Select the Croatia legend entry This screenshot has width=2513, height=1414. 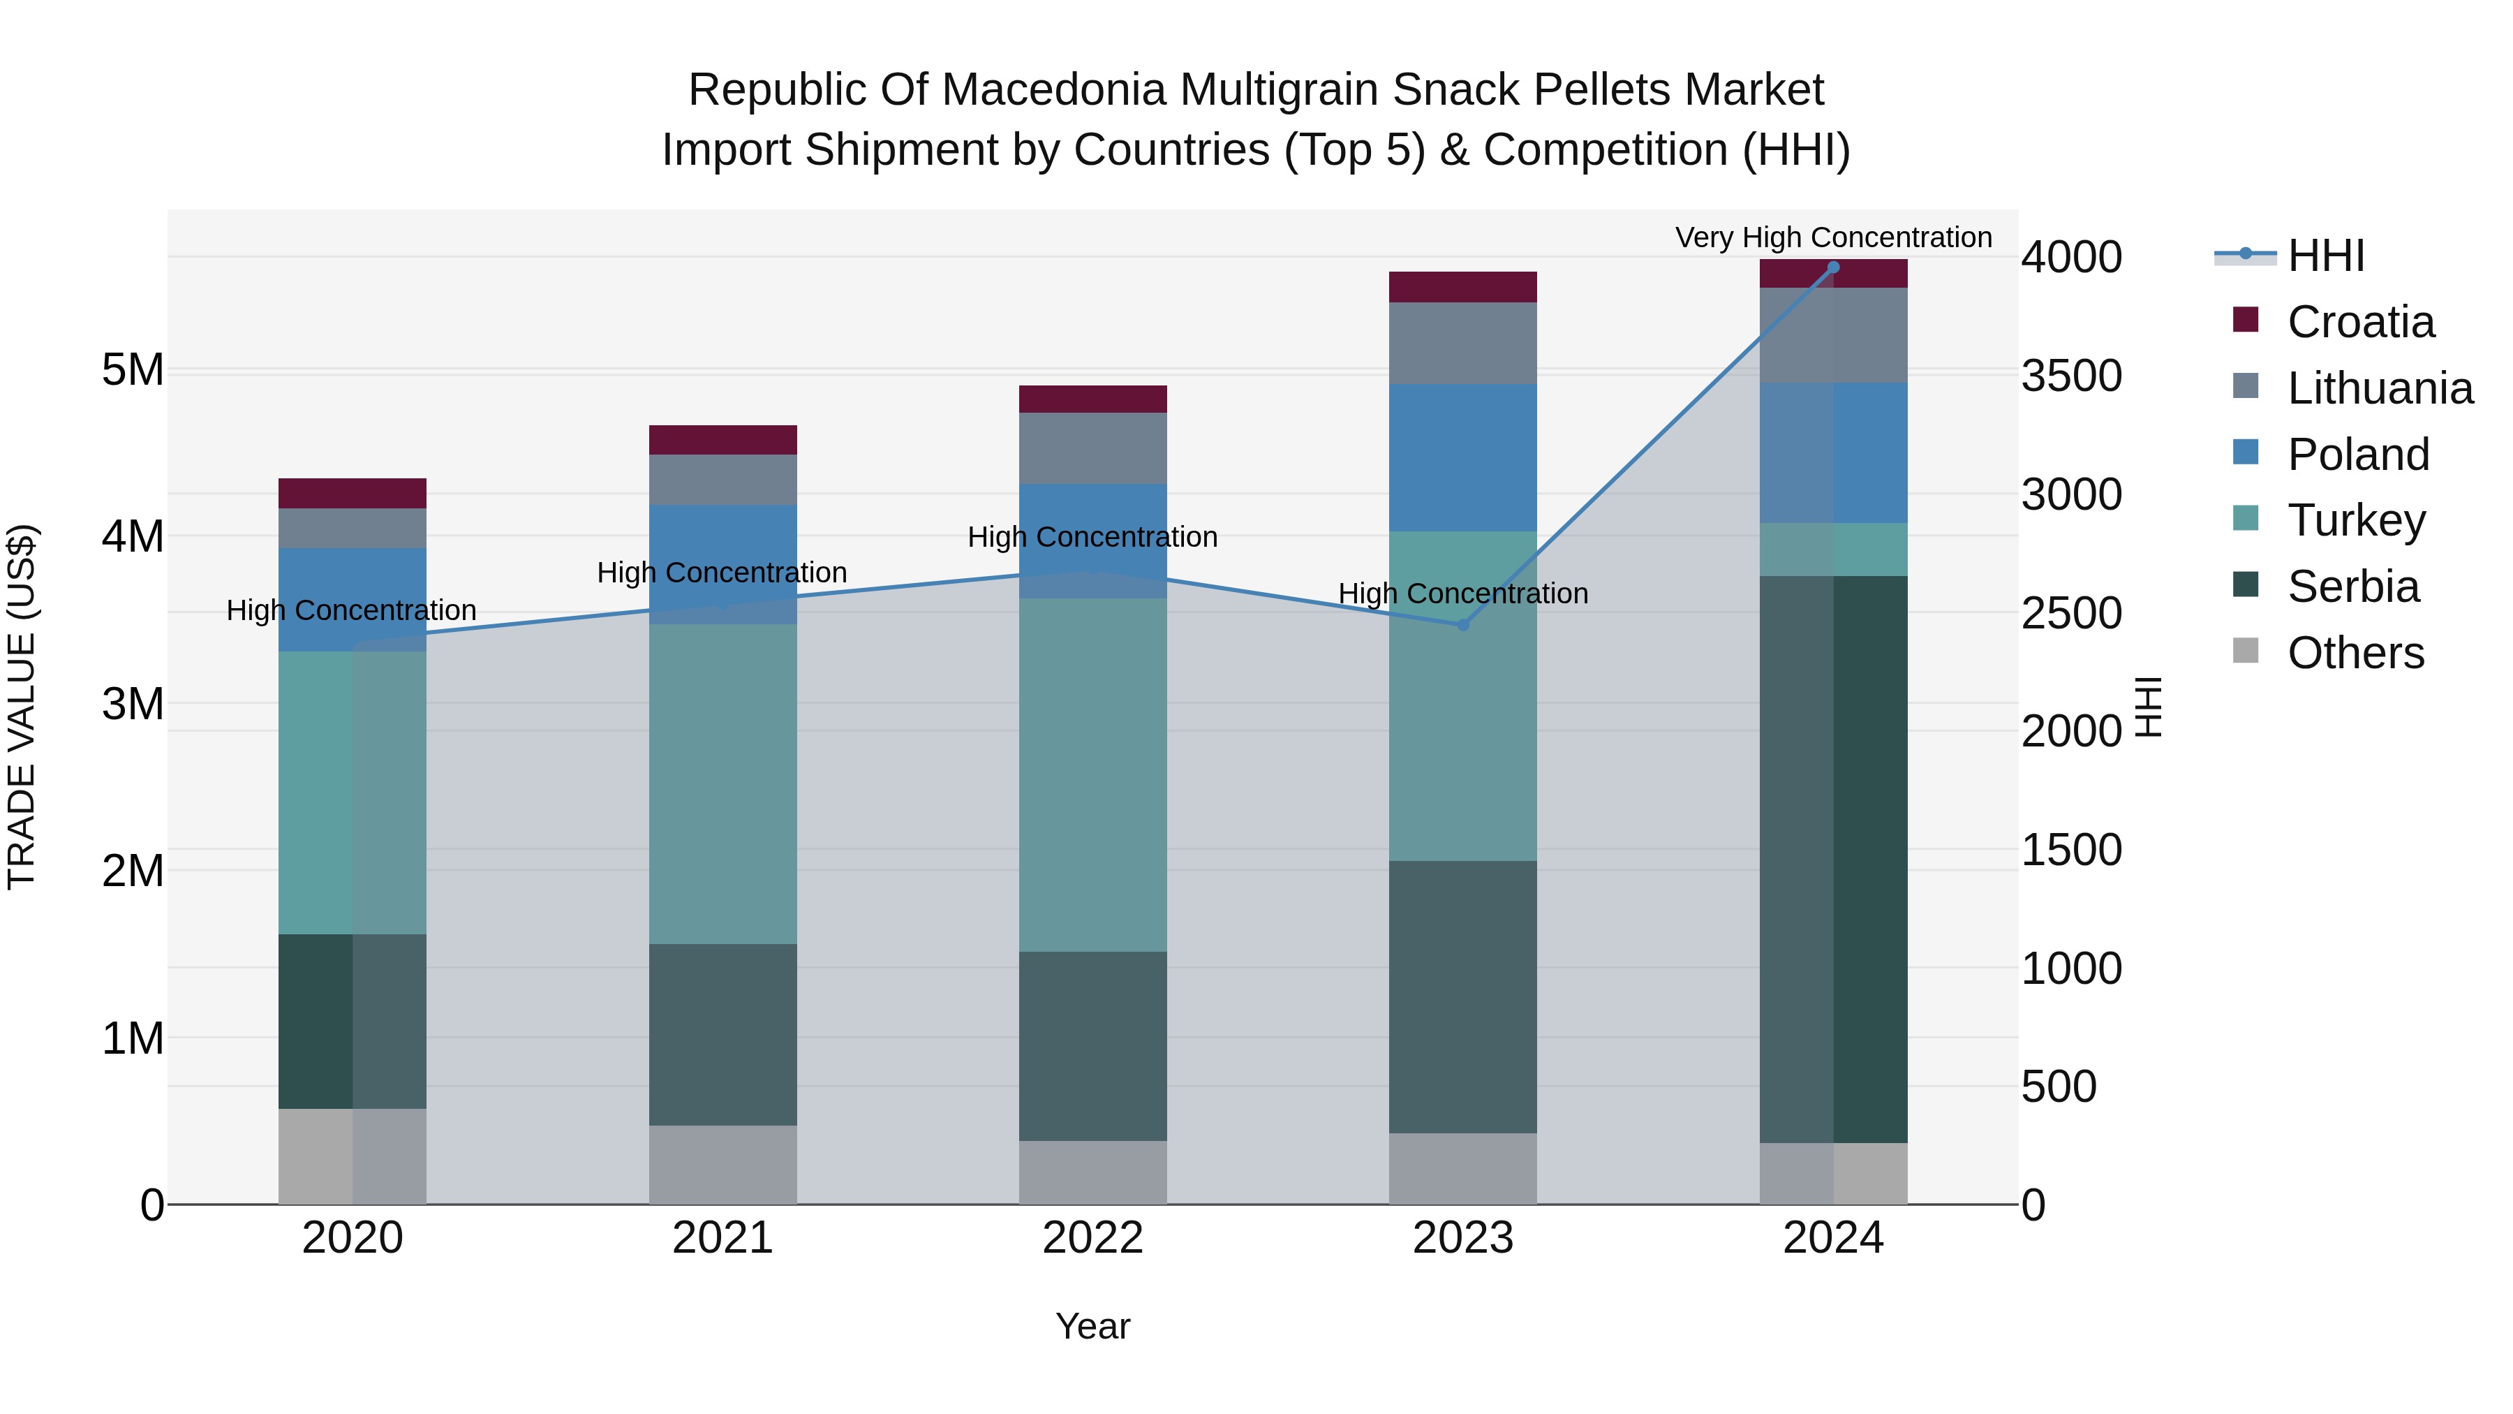(2360, 322)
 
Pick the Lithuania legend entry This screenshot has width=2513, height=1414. (2380, 388)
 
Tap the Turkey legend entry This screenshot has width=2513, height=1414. (2356, 520)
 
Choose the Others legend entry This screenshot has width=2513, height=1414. (2355, 653)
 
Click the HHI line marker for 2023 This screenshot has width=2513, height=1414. (1462, 624)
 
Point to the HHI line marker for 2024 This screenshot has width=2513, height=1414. (1833, 267)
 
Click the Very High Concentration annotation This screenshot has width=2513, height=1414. (1833, 237)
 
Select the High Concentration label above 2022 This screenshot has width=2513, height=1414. (1092, 537)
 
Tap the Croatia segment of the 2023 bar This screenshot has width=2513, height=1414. (1462, 287)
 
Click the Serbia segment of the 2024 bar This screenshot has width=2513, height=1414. (1833, 859)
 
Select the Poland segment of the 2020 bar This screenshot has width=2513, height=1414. (353, 599)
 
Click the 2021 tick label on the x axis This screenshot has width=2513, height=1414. (723, 1238)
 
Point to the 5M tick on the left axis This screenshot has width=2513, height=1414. (133, 370)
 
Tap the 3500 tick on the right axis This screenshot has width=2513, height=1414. (2071, 376)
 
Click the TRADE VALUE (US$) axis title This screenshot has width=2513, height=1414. (22, 707)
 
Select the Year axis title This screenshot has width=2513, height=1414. (1092, 1326)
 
